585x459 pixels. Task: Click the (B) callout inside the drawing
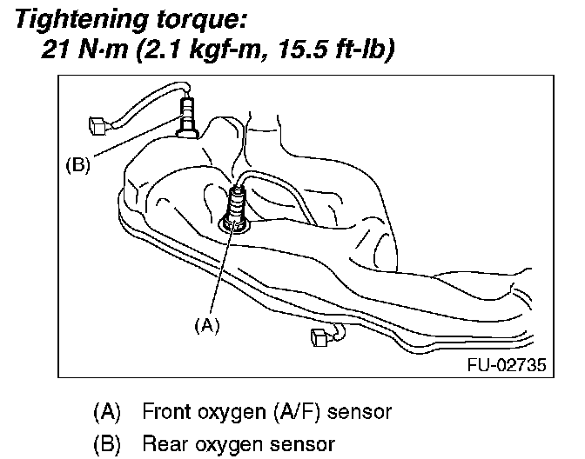77,164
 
